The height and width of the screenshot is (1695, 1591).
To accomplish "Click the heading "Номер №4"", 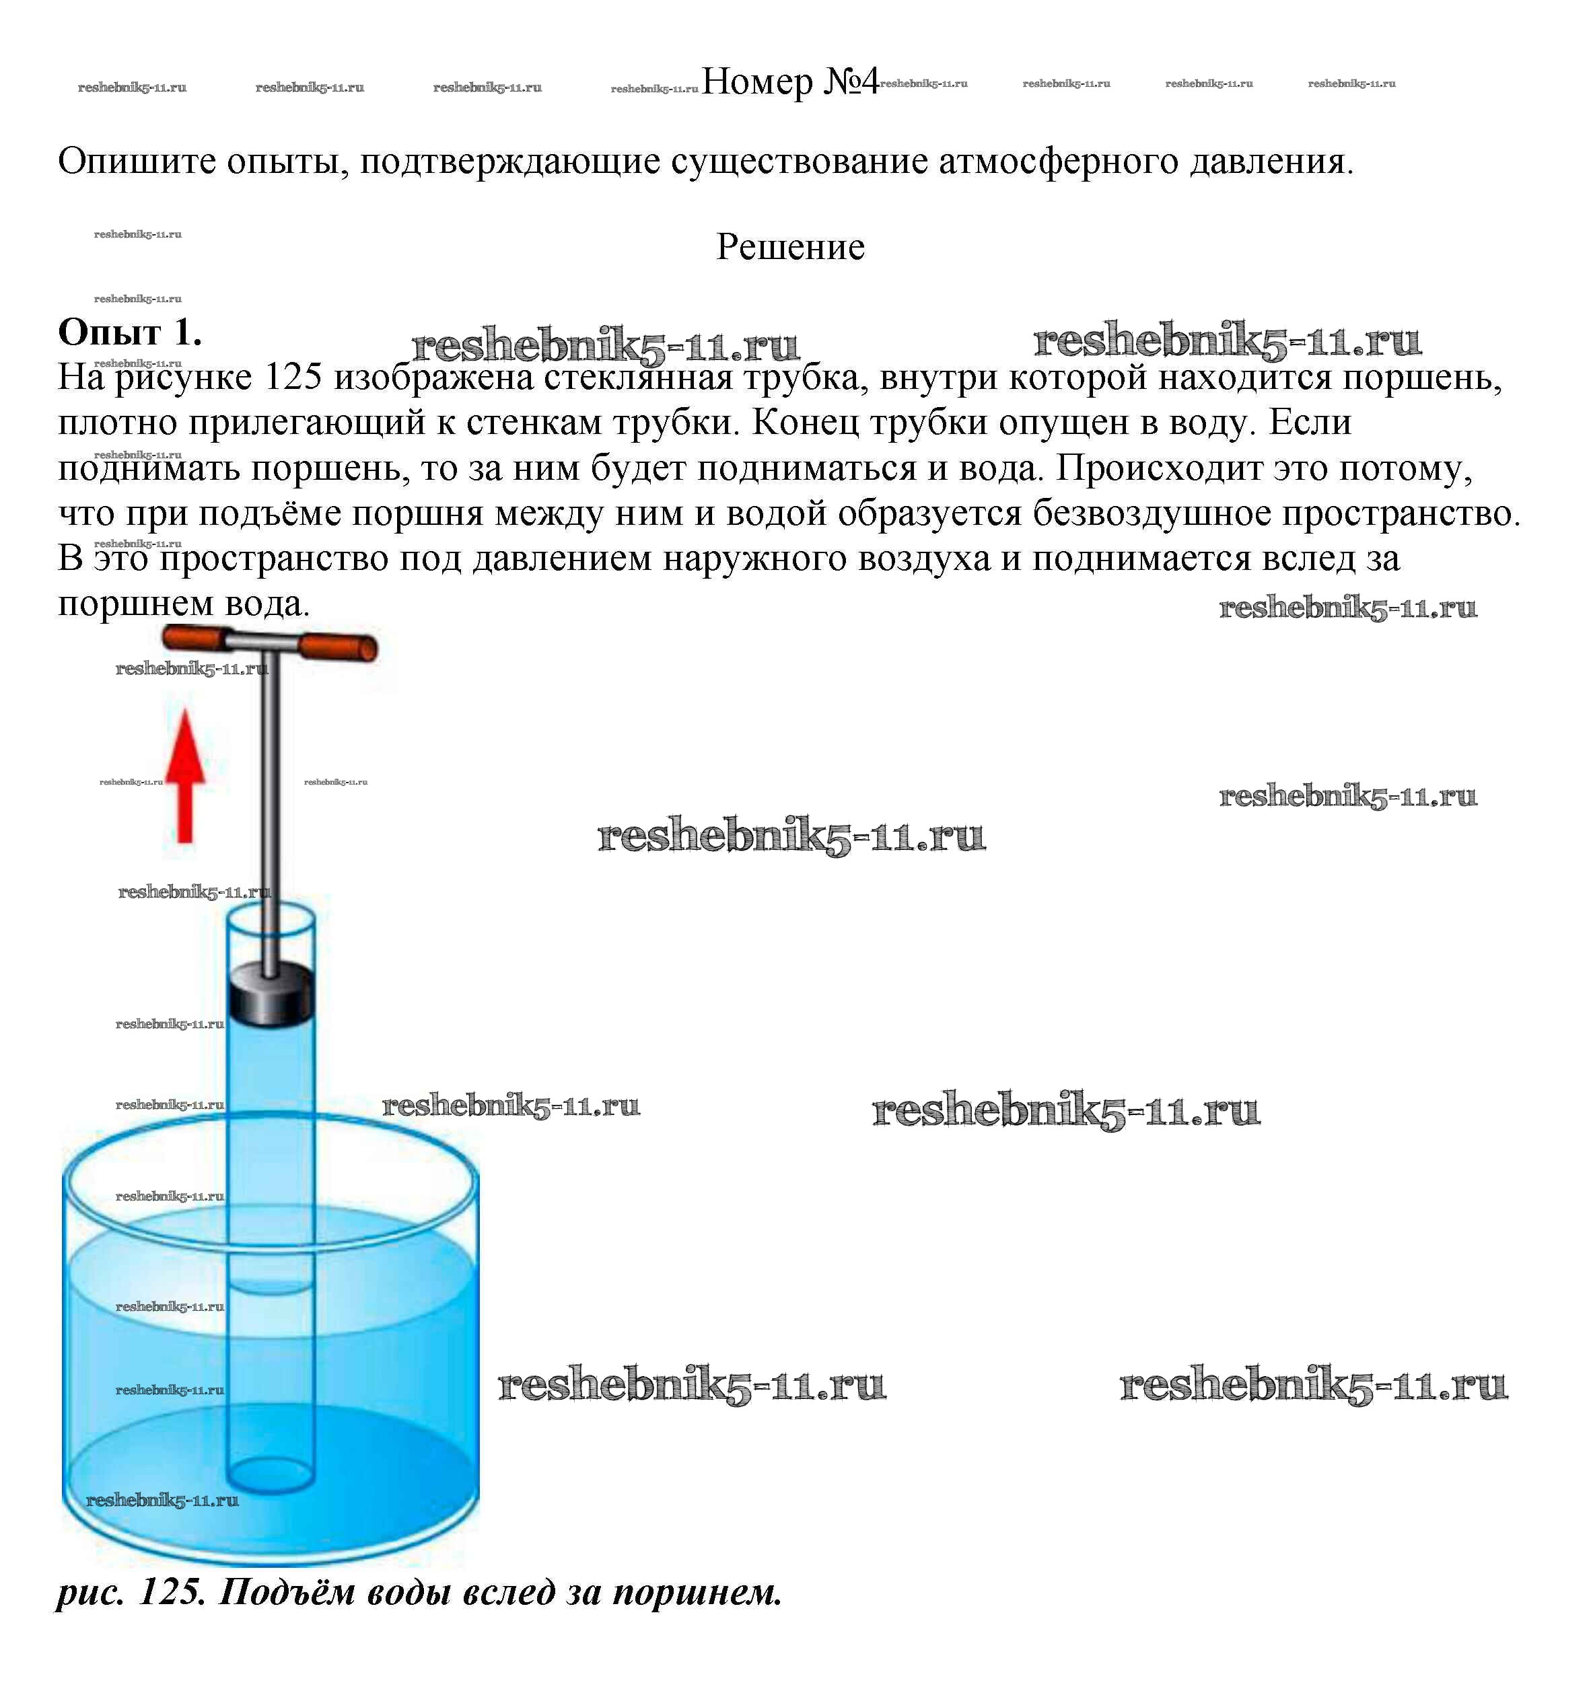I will point(789,82).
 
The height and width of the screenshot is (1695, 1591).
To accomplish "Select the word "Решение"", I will point(789,247).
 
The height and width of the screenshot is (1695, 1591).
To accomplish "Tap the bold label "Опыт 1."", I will point(130,332).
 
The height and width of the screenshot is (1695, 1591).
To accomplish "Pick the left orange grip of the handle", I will point(195,638).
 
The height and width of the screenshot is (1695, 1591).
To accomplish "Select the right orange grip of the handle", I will point(339,648).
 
